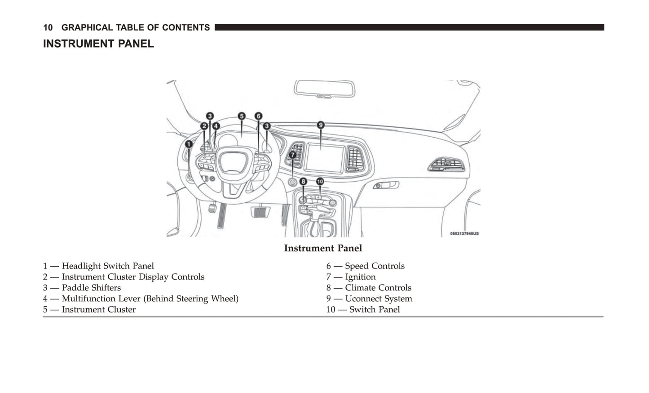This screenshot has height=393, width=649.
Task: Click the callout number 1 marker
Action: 189,144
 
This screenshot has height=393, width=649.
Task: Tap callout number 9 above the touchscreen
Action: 321,125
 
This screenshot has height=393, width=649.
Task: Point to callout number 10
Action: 320,182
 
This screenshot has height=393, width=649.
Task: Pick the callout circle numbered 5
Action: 242,116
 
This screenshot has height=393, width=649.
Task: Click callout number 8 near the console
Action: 304,182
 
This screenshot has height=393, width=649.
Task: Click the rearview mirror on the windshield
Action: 325,89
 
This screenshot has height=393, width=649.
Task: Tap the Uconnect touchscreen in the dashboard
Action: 326,158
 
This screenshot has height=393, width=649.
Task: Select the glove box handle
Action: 386,185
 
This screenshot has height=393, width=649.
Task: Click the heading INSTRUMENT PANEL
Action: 98,44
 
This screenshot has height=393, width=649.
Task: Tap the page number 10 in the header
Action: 48,27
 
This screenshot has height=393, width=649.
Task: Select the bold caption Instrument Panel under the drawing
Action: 323,248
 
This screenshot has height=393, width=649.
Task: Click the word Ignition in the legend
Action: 360,277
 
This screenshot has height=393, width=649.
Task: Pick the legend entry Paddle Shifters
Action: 91,288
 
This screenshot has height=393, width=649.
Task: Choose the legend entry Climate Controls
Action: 378,288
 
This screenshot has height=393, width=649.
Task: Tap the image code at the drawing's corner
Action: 464,234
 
